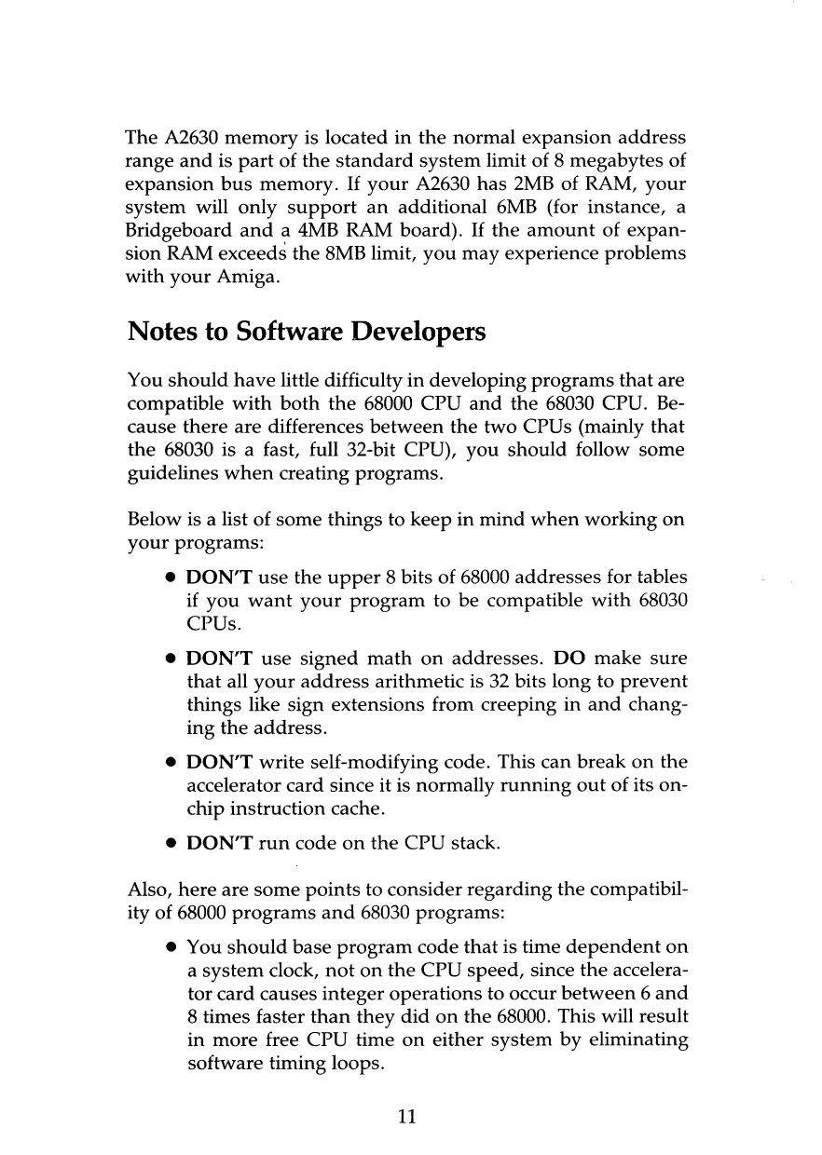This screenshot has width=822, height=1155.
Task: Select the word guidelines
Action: (x=168, y=475)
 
